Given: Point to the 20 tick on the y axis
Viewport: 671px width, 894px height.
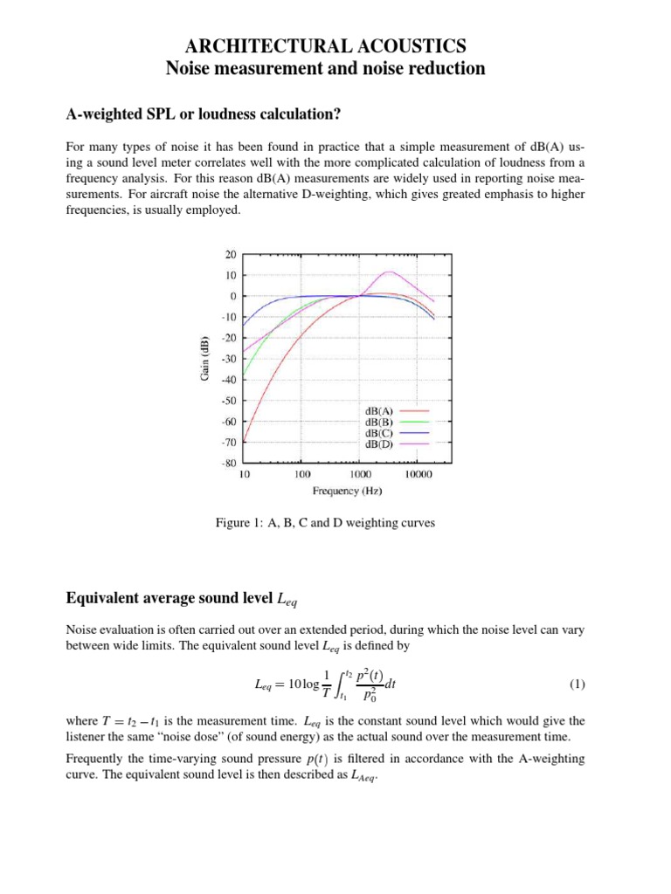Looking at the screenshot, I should pos(231,255).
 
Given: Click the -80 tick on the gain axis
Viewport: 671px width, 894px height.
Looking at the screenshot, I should pos(229,464).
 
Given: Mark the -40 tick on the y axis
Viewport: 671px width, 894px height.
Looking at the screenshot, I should pos(229,380).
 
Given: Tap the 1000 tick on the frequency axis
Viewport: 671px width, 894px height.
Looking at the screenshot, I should pos(359,476).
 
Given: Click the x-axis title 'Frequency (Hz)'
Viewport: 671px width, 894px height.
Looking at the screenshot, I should pos(348,492).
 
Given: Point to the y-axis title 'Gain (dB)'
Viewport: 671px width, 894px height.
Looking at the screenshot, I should pos(204,359).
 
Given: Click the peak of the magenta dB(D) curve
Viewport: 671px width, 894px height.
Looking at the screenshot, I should pos(390,272).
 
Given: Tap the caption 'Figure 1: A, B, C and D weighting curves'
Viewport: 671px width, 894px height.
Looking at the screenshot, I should pos(325,523).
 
